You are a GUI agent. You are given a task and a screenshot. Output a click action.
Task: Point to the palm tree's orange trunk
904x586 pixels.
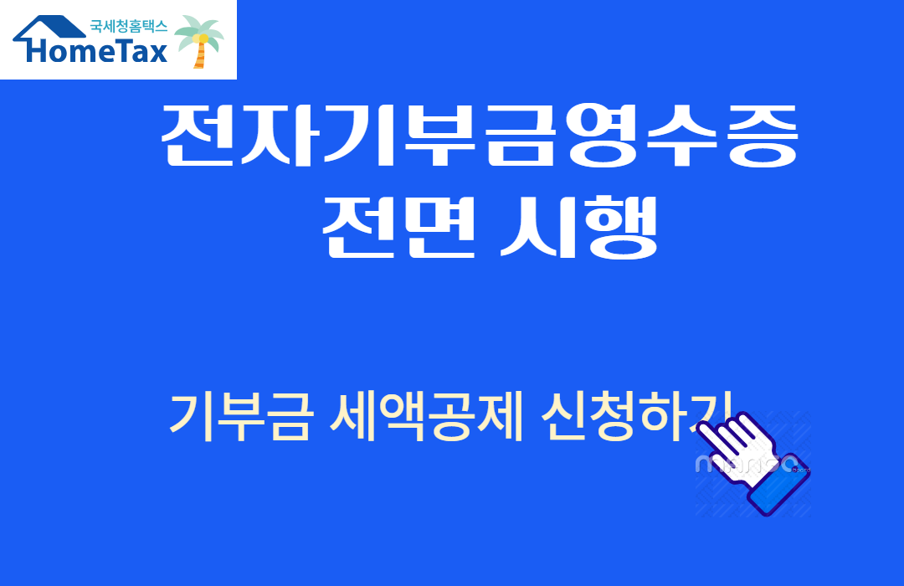[199, 57]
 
